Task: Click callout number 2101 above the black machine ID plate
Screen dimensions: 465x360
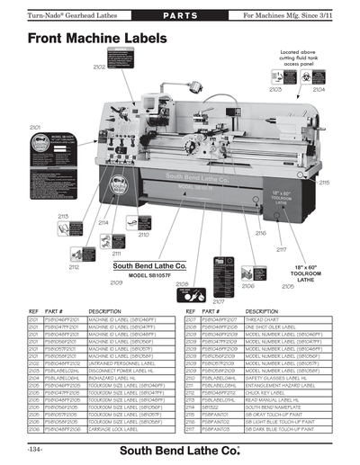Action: [x=34, y=127]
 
